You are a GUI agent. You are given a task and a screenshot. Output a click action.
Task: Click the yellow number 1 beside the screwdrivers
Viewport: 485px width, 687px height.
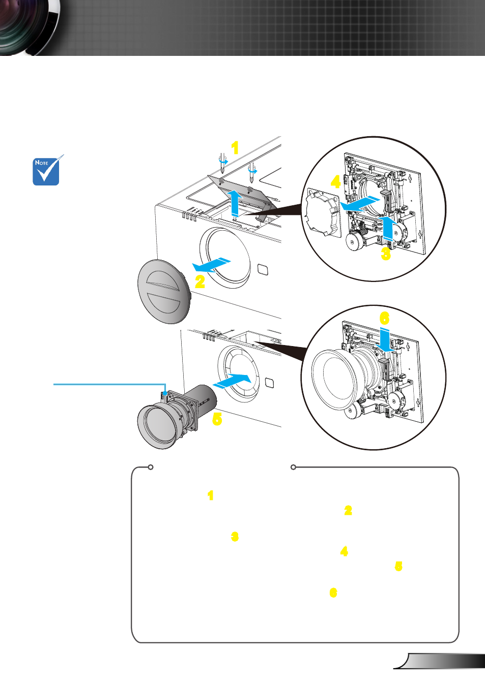pos(235,148)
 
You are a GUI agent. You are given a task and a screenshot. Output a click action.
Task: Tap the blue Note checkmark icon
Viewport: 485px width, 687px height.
pos(47,171)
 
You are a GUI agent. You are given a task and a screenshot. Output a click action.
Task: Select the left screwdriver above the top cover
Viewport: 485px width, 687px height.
pos(222,163)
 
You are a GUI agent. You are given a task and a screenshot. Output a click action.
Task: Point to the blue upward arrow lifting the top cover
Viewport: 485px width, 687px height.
pos(235,203)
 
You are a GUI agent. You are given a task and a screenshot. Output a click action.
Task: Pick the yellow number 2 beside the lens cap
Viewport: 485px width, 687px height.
pos(200,282)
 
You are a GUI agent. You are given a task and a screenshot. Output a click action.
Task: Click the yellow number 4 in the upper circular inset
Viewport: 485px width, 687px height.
pos(336,182)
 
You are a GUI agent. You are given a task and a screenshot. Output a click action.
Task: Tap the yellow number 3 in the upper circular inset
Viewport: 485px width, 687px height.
pos(386,254)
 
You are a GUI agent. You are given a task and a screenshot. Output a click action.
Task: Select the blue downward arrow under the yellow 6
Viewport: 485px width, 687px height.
pos(387,339)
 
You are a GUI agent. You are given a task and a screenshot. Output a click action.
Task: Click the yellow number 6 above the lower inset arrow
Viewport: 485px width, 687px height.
pos(385,318)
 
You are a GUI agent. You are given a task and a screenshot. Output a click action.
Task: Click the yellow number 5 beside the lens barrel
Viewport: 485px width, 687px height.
pos(217,419)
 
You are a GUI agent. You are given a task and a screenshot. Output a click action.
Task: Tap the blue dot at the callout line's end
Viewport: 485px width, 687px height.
pos(165,393)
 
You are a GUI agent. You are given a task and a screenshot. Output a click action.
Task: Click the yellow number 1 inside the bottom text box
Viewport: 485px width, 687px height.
pos(210,495)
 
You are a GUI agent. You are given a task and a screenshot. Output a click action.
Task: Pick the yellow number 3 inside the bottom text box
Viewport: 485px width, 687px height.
pos(235,537)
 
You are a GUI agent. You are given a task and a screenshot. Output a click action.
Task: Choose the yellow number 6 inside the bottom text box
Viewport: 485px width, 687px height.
pos(333,592)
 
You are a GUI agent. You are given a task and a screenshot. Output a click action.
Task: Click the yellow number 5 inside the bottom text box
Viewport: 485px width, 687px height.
pos(398,566)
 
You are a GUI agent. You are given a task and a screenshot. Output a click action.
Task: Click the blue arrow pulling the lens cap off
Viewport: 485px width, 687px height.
pos(211,265)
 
